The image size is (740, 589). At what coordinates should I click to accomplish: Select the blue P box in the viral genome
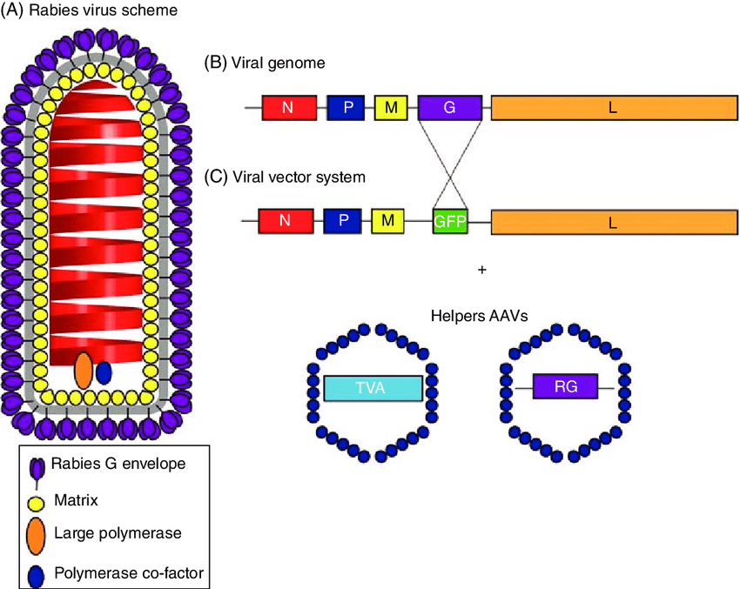[346, 108]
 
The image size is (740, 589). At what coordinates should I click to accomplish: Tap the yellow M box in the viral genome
[392, 108]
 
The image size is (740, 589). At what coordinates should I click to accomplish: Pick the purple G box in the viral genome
[449, 108]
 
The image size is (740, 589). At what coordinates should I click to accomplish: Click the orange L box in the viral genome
[613, 108]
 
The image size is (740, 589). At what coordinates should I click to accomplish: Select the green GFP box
[450, 222]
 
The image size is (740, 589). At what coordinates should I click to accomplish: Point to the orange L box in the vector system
[613, 222]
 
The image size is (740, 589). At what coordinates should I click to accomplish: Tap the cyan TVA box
[373, 389]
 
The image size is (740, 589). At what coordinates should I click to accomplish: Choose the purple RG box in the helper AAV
[566, 386]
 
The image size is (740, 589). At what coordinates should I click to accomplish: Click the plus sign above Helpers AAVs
[481, 271]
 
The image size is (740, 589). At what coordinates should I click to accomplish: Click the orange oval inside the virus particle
[84, 370]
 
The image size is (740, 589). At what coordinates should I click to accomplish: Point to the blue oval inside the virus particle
[104, 372]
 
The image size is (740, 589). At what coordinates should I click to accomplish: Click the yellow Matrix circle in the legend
[37, 501]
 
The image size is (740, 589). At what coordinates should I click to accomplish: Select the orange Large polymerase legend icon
[37, 535]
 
